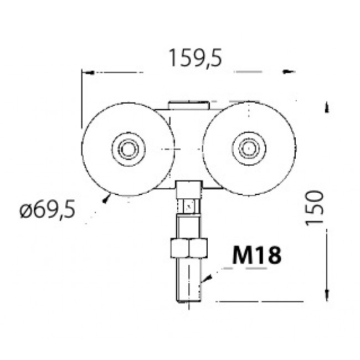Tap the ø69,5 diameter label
[x=47, y=211]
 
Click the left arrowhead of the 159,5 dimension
[x=86, y=72]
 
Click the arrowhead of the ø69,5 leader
[x=107, y=197]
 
